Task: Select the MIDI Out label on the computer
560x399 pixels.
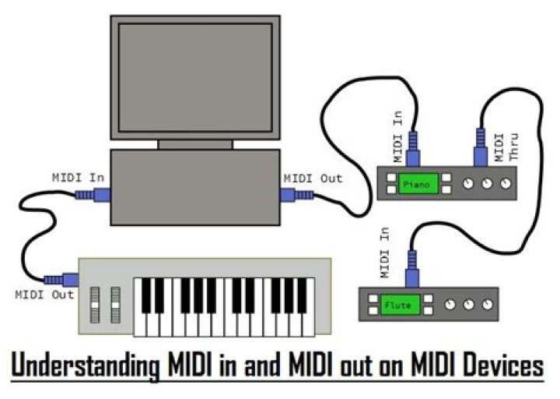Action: [x=312, y=178]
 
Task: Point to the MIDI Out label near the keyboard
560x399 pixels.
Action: [x=44, y=295]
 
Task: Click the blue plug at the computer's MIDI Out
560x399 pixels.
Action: [x=297, y=195]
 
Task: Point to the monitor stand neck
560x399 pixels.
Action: [x=195, y=144]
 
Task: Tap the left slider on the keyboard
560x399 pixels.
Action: [x=96, y=304]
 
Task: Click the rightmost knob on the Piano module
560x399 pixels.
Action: [x=507, y=185]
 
